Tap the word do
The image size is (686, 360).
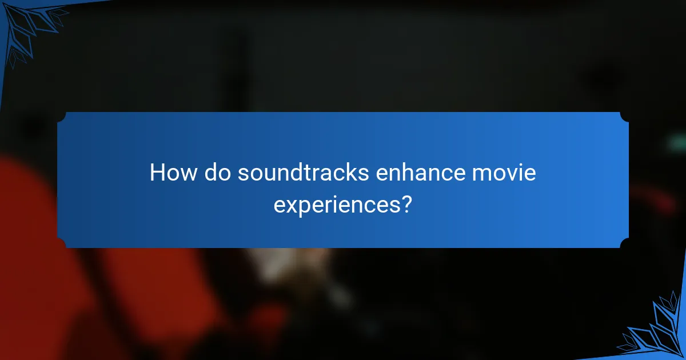point(217,173)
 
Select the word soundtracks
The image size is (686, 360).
point(304,173)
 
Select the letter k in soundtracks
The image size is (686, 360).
point(352,173)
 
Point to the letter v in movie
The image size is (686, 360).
point(516,173)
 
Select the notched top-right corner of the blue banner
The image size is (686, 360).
point(624,117)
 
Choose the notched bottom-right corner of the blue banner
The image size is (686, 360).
point(624,243)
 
